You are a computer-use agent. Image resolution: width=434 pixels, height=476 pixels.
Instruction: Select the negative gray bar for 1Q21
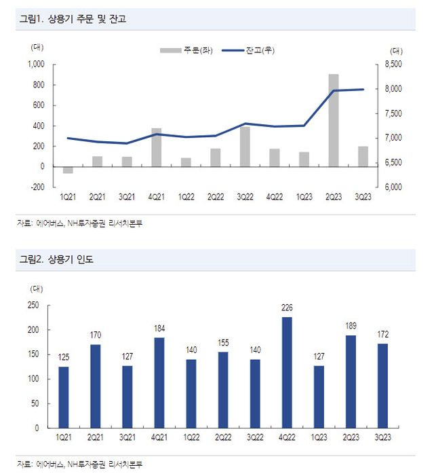[x=68, y=170]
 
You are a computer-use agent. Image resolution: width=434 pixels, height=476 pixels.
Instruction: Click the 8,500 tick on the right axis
[x=393, y=65]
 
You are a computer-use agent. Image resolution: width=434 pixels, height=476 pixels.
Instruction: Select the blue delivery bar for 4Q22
[x=287, y=372]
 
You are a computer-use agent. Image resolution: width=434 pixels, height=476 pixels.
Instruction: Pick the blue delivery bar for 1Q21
[x=64, y=397]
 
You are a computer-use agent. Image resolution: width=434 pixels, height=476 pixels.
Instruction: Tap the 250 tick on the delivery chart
[x=33, y=305]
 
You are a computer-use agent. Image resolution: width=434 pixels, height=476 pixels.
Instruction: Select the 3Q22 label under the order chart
[x=245, y=197]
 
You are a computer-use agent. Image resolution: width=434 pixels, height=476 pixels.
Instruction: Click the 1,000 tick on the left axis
[x=35, y=65]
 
